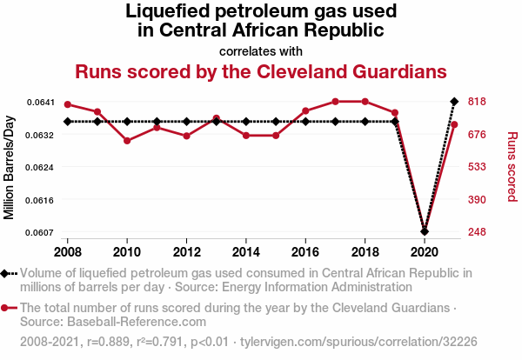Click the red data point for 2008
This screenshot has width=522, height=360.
pos(68,104)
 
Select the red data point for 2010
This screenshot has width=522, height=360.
pos(127,140)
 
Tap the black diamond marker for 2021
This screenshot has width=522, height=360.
pos(454,102)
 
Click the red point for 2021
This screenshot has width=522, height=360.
pos(454,124)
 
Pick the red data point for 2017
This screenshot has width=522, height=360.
pos(335,102)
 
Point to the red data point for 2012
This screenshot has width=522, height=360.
pos(186,136)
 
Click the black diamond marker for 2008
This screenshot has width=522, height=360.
pos(68,122)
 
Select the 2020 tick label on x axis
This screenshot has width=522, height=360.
pos(424,251)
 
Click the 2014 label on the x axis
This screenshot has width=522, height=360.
pos(246,251)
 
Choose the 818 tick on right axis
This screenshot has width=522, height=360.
pos(477,102)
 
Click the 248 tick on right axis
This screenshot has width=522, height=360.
pos(477,232)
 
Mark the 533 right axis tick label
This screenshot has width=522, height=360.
pos(477,167)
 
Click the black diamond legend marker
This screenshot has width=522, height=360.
pos(9,274)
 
